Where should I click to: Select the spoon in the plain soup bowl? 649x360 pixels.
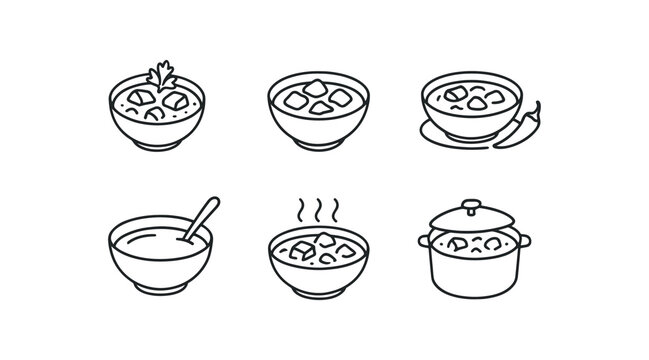(x=199, y=219)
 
